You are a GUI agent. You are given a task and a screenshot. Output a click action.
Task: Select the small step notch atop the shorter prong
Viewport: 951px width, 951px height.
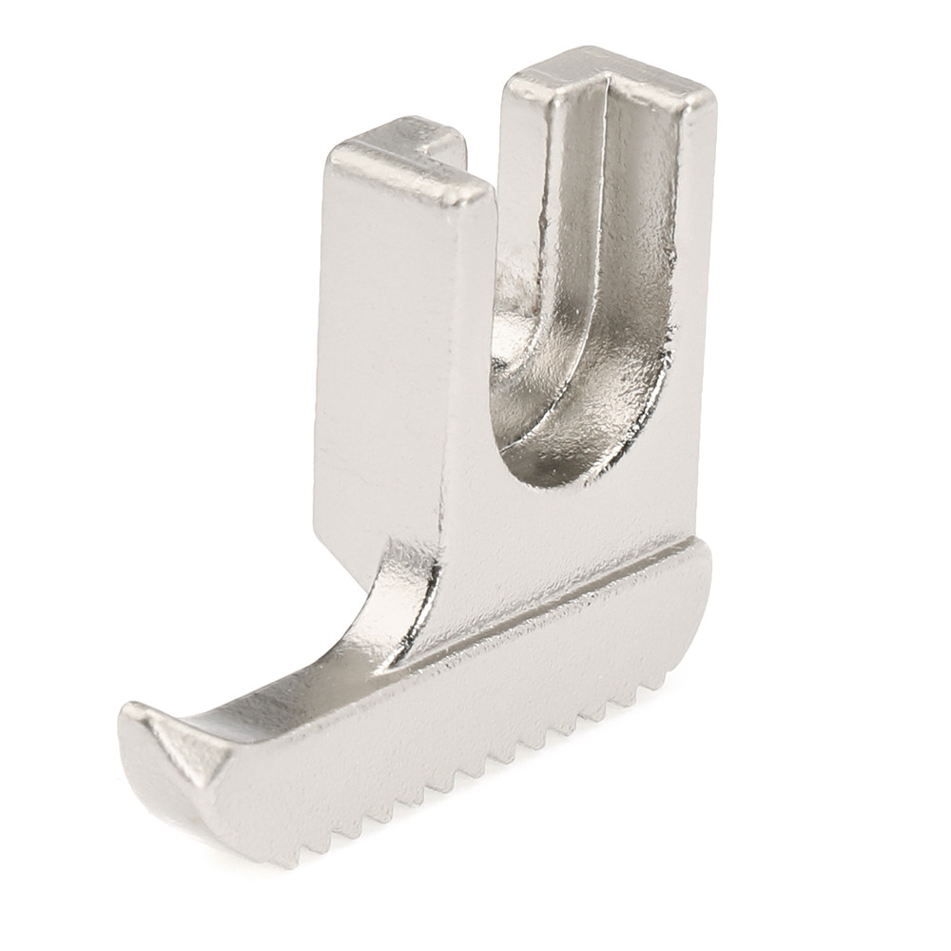[442, 143]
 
